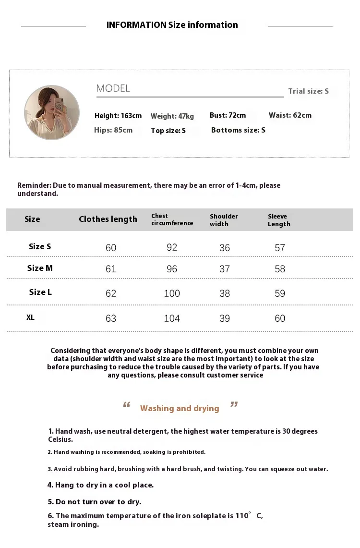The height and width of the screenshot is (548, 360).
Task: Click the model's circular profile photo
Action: click(x=52, y=113)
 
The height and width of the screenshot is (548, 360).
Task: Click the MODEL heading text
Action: click(x=113, y=88)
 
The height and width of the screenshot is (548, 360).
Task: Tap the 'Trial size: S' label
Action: click(x=308, y=91)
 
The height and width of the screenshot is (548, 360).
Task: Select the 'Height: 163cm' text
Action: click(x=118, y=116)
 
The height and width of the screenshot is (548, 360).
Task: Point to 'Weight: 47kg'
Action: click(x=172, y=116)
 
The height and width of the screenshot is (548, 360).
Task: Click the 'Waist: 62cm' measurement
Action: click(x=290, y=115)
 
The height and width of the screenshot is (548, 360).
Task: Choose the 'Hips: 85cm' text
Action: click(x=113, y=130)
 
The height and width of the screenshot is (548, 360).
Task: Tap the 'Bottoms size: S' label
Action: click(x=238, y=130)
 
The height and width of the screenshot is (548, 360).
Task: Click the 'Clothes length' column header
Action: click(x=108, y=219)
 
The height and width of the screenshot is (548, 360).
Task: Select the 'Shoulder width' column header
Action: click(x=224, y=220)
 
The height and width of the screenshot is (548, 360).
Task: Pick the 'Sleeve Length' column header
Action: click(x=279, y=220)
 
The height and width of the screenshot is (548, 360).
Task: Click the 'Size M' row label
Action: click(x=40, y=268)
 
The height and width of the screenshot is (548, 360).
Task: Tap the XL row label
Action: click(x=30, y=317)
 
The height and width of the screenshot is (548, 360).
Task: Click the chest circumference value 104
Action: click(x=172, y=318)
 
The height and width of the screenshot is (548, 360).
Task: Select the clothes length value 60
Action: click(x=111, y=248)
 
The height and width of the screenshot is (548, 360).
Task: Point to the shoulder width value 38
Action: click(x=225, y=293)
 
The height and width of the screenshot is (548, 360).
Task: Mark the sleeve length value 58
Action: click(x=280, y=269)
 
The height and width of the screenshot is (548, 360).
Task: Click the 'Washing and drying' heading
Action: click(x=180, y=408)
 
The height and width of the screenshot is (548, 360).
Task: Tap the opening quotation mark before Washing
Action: click(x=127, y=406)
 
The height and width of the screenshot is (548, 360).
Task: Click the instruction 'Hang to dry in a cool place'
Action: click(x=100, y=485)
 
